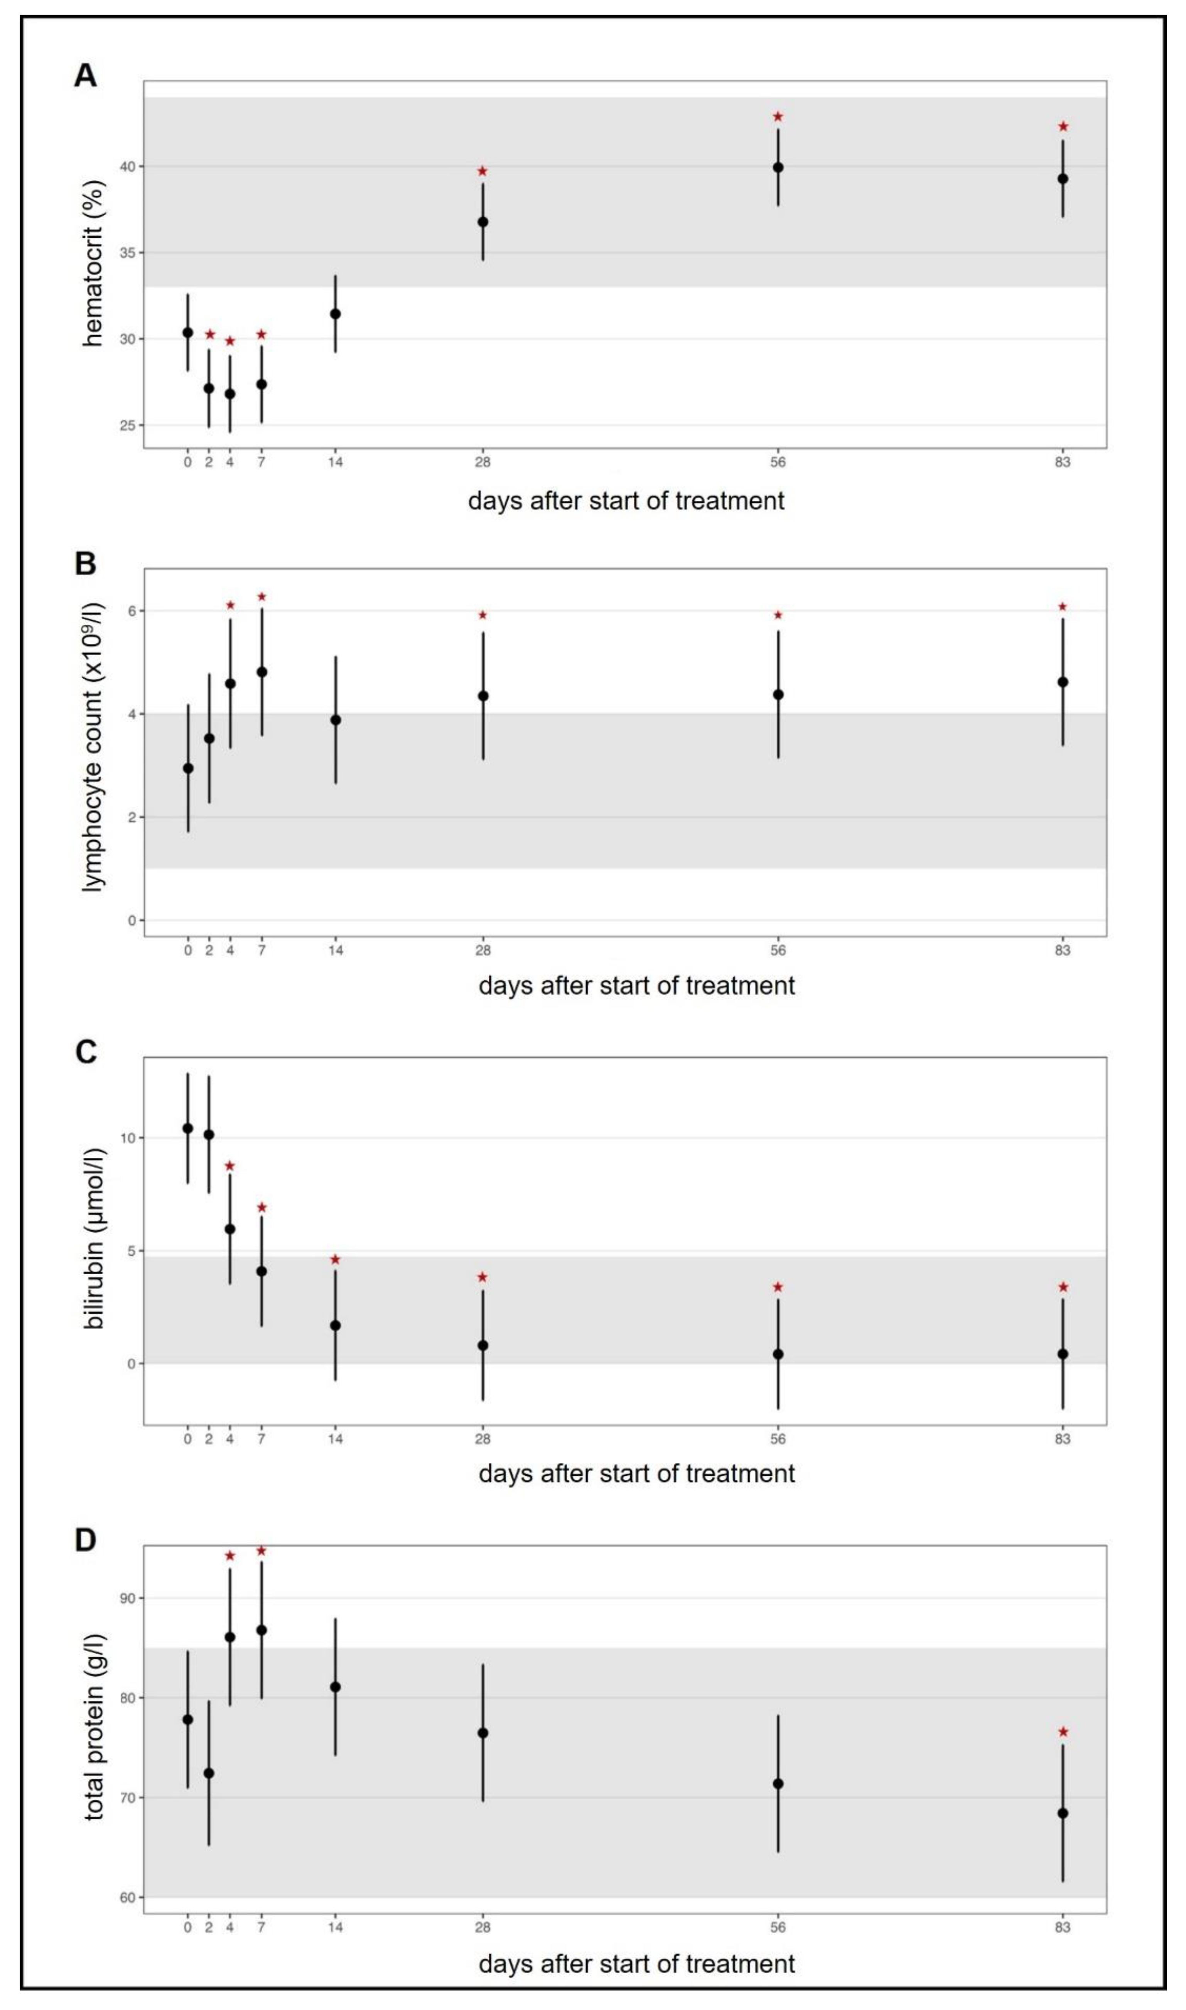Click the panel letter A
pos(86,76)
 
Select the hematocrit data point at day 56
pos(778,168)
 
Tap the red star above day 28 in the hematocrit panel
pos(483,172)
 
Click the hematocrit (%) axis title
pos(93,264)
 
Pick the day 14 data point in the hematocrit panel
pos(336,314)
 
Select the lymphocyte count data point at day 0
pos(188,768)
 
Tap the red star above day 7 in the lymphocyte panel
pos(261,597)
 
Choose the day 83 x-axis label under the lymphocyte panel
pos(1062,950)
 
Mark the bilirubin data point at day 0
pos(188,1128)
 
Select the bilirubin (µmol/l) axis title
pos(93,1239)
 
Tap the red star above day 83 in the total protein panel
pos(1063,1732)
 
